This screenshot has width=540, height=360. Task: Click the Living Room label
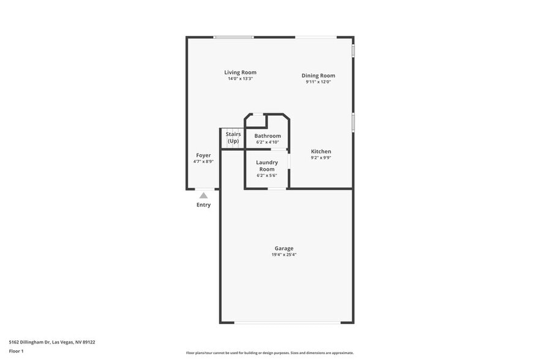(240, 72)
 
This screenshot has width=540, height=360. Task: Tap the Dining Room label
(318, 76)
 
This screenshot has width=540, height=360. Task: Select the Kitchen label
(321, 151)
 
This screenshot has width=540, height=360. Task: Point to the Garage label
(283, 249)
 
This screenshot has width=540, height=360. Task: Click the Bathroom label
(268, 136)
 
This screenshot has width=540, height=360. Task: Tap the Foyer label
(203, 156)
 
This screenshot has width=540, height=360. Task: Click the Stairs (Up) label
(233, 138)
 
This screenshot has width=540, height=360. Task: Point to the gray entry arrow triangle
(203, 195)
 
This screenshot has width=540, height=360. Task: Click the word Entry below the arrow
(203, 205)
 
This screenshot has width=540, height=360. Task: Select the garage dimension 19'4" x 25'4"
(283, 255)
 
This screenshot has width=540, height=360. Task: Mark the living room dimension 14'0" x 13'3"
(240, 79)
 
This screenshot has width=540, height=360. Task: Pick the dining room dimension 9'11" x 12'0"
(318, 82)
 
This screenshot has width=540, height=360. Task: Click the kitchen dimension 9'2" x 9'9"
(321, 158)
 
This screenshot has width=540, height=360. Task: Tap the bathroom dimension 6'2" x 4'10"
(268, 142)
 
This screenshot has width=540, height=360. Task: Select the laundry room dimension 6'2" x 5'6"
(267, 176)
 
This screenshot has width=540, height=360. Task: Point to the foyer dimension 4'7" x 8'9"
(203, 162)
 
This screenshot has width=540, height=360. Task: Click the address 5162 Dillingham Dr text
(52, 342)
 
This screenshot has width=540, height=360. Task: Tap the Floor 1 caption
(16, 351)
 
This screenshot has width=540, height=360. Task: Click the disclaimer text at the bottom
(270, 353)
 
